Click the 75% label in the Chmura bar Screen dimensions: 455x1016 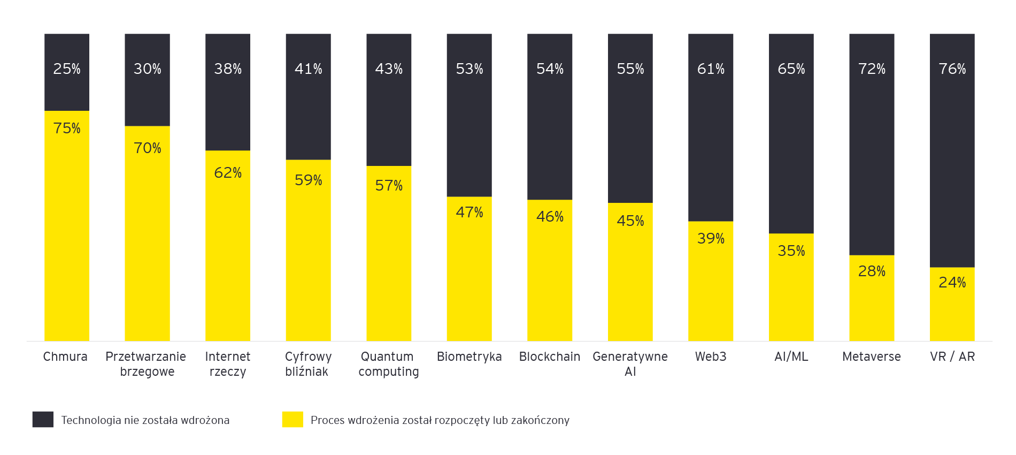pyautogui.click(x=67, y=128)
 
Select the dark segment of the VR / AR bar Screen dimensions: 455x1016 pyautogui.click(x=952, y=161)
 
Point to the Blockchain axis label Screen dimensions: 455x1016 pyautogui.click(x=549, y=357)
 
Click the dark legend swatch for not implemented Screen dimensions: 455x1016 pyautogui.click(x=43, y=420)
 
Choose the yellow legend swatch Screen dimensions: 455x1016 pyautogui.click(x=293, y=420)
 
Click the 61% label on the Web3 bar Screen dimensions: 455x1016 pyautogui.click(x=711, y=69)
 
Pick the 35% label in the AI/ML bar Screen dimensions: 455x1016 pyautogui.click(x=791, y=251)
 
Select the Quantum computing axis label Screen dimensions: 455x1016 pyautogui.click(x=388, y=364)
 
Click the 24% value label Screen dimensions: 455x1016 pyautogui.click(x=952, y=282)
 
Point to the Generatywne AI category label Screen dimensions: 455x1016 pyautogui.click(x=630, y=364)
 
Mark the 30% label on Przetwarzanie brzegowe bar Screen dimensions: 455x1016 pyautogui.click(x=147, y=69)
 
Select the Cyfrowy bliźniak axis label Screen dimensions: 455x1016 pyautogui.click(x=308, y=364)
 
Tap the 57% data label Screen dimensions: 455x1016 pyautogui.click(x=389, y=186)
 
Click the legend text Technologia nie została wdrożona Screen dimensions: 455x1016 pyautogui.click(x=145, y=420)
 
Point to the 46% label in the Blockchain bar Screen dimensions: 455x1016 pyautogui.click(x=550, y=217)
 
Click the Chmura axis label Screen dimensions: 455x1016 pyautogui.click(x=65, y=357)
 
